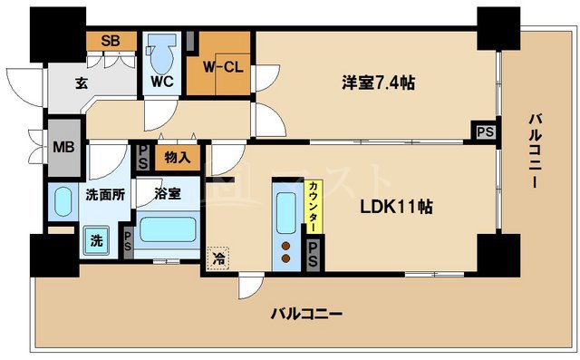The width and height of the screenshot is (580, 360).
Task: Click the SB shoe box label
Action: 111,40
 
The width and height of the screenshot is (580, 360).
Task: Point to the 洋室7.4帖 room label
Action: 379,83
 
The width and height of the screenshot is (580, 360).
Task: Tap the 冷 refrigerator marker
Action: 218,258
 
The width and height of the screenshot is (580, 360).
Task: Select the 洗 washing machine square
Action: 95,240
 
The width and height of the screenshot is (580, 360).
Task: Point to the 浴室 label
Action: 166,193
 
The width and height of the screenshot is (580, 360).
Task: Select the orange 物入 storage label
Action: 178,158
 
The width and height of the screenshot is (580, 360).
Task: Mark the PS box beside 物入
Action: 143,157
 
